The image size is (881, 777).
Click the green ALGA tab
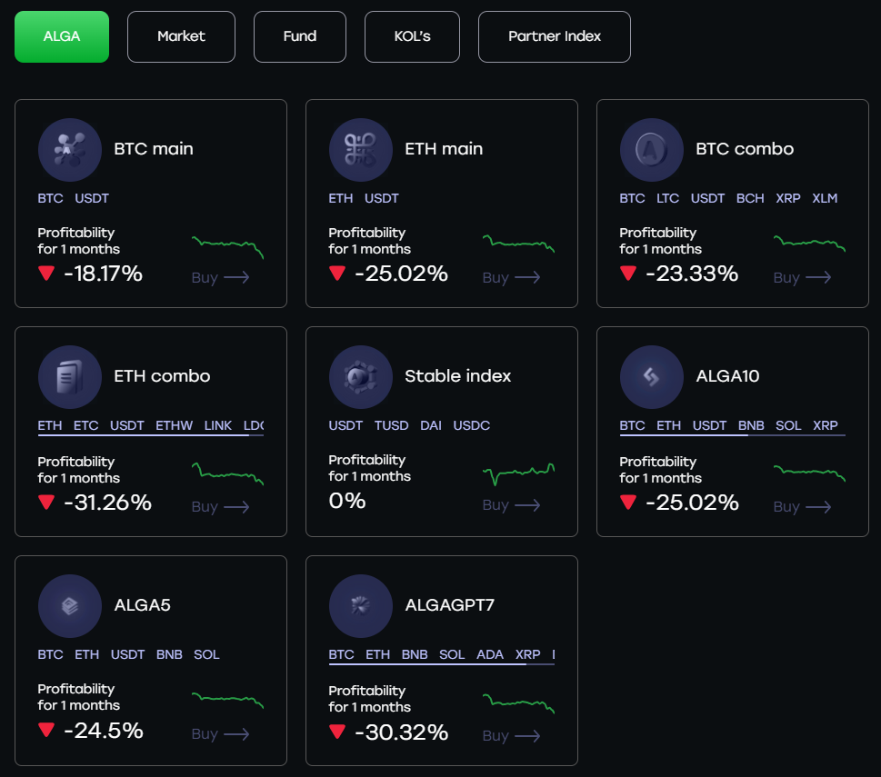coord(62,36)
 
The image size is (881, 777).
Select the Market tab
coord(181,36)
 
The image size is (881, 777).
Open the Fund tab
coord(300,36)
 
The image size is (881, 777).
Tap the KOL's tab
coord(412,36)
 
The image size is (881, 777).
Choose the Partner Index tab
coord(555,36)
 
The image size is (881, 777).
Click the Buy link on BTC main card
coord(220,277)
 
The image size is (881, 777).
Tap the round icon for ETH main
coord(360,149)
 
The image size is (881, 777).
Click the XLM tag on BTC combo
coord(825,198)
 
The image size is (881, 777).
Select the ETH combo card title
coord(162,376)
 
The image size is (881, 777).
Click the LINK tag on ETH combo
coord(218,425)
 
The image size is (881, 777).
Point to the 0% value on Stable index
coord(347,500)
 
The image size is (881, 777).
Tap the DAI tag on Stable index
coord(431,425)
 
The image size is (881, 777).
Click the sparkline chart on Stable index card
coord(518,472)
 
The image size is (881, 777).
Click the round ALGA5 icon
coord(69,605)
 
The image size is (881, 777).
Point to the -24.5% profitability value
coord(103,730)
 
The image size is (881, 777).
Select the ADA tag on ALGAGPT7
coord(490,654)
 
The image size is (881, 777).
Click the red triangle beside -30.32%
coord(337,732)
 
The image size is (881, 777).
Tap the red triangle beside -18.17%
coord(46,273)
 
